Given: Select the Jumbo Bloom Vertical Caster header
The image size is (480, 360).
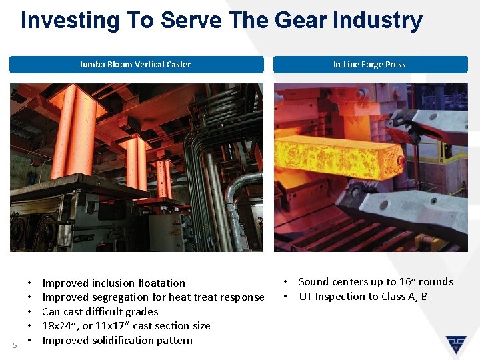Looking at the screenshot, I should pos(135,65).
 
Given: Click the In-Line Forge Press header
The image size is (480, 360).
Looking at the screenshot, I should pos(369,65).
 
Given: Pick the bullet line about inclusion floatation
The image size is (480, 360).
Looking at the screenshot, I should pos(113,283).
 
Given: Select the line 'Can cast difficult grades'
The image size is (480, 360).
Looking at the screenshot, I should pos(100,311).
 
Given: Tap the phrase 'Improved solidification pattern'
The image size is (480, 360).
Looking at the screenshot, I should pos(117,340).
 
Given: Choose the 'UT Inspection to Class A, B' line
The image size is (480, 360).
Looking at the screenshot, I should pos(363,296).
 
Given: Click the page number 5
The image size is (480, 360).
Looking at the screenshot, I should pos(15,345).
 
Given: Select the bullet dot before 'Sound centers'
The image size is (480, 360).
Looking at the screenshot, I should pos(285,281).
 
